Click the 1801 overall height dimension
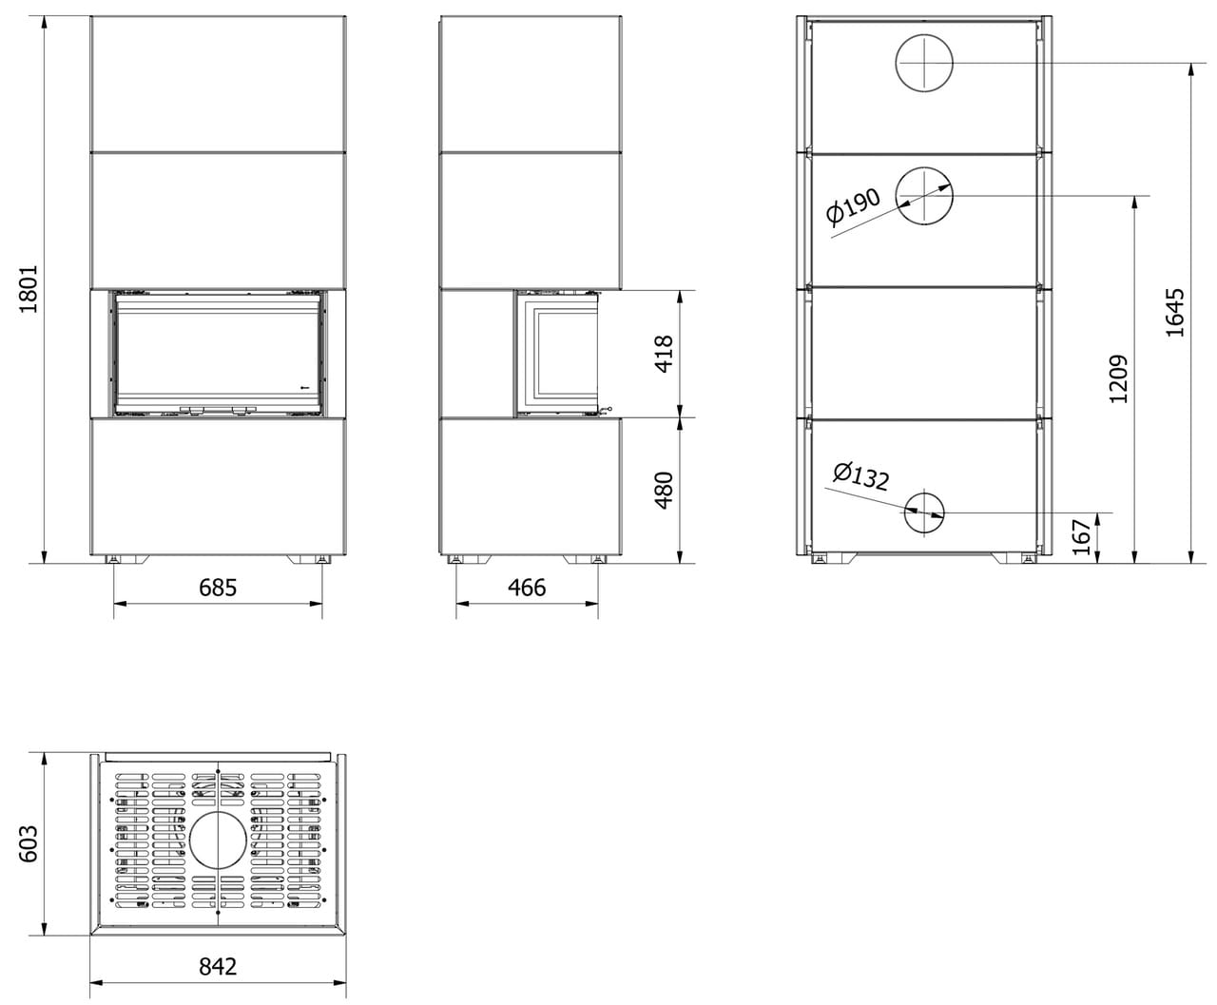click(x=28, y=289)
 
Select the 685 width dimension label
click(x=218, y=588)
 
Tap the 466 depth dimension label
click(x=527, y=588)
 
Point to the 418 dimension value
click(x=664, y=354)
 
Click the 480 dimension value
click(x=664, y=491)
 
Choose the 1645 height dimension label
click(x=1175, y=313)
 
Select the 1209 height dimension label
click(x=1118, y=379)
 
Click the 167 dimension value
click(x=1081, y=537)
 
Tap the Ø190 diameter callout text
click(x=853, y=205)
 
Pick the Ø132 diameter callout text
click(x=860, y=476)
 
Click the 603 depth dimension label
click(x=28, y=843)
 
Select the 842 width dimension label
click(x=218, y=967)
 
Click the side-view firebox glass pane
click(x=563, y=354)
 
